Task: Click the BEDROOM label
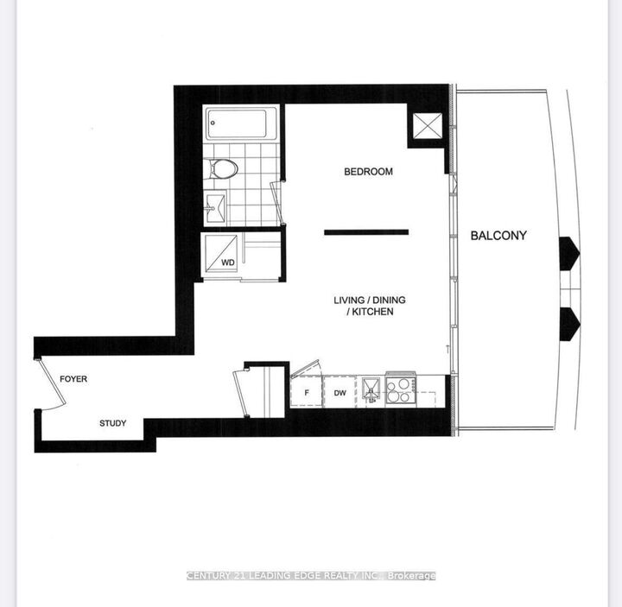(368, 172)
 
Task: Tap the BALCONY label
(498, 235)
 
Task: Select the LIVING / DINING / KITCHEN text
(369, 306)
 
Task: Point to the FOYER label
(73, 379)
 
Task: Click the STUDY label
(112, 423)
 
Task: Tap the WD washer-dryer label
(228, 261)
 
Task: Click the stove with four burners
(400, 391)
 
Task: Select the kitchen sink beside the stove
(371, 391)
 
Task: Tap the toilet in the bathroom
(224, 168)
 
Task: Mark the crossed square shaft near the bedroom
(426, 128)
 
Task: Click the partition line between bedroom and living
(366, 231)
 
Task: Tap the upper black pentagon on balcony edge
(569, 252)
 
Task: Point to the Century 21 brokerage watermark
(311, 576)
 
